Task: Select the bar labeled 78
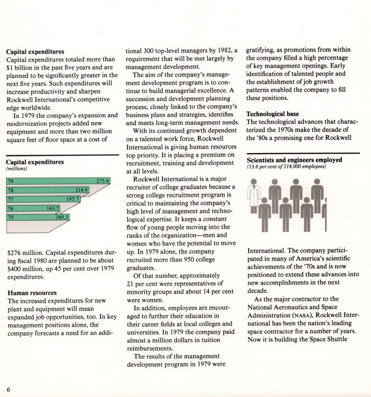coord(46,190)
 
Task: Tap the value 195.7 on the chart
coord(73,199)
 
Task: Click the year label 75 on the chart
coord(10,217)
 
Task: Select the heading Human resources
coord(31,293)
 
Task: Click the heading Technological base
coord(272,114)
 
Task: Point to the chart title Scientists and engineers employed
coord(294,160)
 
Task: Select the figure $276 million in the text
coord(26,253)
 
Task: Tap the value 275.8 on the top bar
coord(102,181)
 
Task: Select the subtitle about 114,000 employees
coord(286,167)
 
